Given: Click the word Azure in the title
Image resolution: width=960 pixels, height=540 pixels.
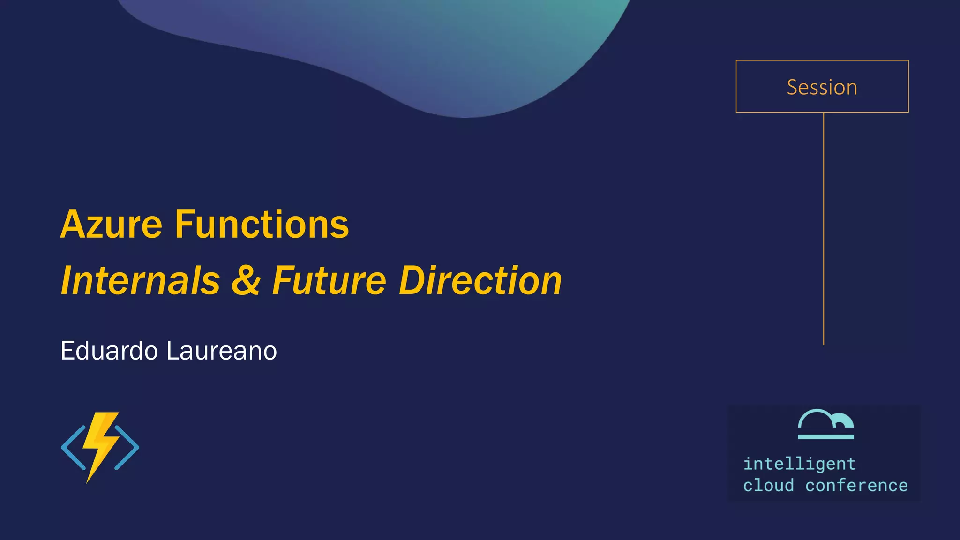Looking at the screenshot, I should [111, 225].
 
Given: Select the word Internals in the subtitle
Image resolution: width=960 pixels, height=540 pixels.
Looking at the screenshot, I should [140, 281].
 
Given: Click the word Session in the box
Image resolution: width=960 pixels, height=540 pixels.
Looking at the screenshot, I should [822, 87].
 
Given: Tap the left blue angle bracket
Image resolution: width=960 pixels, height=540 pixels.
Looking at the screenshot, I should [73, 447].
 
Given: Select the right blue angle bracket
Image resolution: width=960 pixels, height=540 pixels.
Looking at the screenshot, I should [127, 447].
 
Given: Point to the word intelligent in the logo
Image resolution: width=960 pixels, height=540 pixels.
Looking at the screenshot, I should [799, 464].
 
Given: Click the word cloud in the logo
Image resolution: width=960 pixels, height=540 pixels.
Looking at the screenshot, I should [768, 486].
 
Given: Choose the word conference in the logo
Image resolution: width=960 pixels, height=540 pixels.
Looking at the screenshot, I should [856, 486].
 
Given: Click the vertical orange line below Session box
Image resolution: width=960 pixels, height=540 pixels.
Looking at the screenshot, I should [824, 230].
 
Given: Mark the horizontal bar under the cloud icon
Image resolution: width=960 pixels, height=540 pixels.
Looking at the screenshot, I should [825, 437].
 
